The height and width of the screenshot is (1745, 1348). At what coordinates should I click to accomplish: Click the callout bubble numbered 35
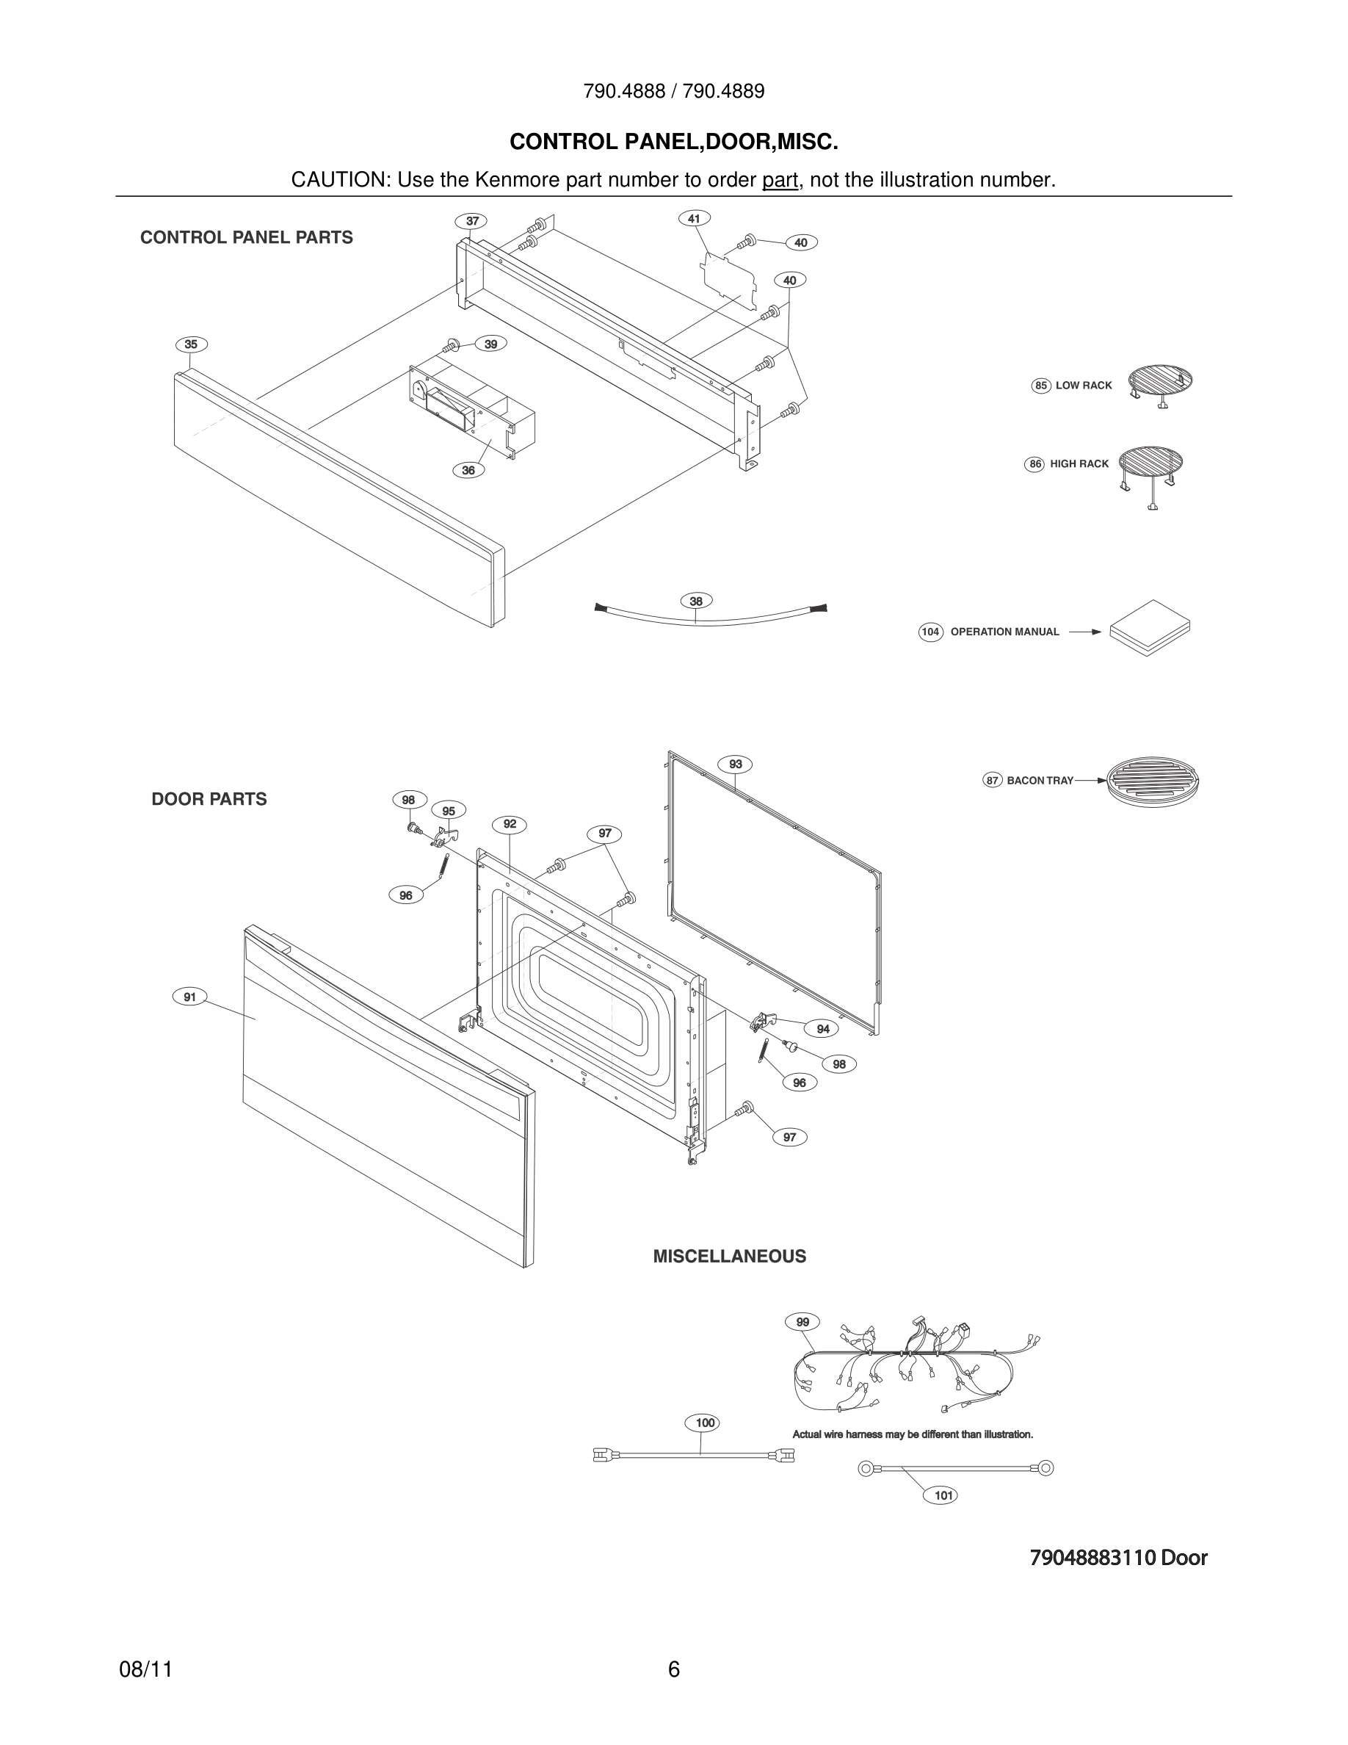pyautogui.click(x=191, y=344)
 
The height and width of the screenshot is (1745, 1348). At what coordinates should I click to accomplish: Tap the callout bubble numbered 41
pyautogui.click(x=694, y=218)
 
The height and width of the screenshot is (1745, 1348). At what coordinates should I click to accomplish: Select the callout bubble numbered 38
pyautogui.click(x=695, y=601)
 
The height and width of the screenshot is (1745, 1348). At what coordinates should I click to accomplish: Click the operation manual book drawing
pyautogui.click(x=1149, y=627)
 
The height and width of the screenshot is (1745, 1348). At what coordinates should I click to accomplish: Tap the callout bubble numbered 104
pyautogui.click(x=930, y=632)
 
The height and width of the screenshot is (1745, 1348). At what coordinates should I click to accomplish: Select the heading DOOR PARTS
pyautogui.click(x=209, y=799)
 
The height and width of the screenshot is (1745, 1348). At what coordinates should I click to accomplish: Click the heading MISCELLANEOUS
pyautogui.click(x=729, y=1256)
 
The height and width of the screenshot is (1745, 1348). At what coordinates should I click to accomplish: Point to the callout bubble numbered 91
pyautogui.click(x=190, y=997)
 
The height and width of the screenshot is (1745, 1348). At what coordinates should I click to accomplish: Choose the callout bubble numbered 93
pyautogui.click(x=735, y=764)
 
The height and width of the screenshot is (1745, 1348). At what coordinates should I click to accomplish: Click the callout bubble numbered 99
pyautogui.click(x=802, y=1321)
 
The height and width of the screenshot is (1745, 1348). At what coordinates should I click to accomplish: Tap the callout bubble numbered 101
pyautogui.click(x=943, y=1495)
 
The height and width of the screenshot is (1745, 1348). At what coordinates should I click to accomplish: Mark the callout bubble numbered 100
pyautogui.click(x=704, y=1422)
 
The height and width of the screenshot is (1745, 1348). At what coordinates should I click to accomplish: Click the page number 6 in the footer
pyautogui.click(x=673, y=1669)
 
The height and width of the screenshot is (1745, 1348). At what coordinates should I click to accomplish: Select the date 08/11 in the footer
pyautogui.click(x=145, y=1669)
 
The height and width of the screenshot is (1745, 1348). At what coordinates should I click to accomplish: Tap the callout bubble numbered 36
pyautogui.click(x=468, y=470)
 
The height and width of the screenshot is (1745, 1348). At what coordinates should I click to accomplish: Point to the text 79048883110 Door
pyautogui.click(x=1118, y=1557)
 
